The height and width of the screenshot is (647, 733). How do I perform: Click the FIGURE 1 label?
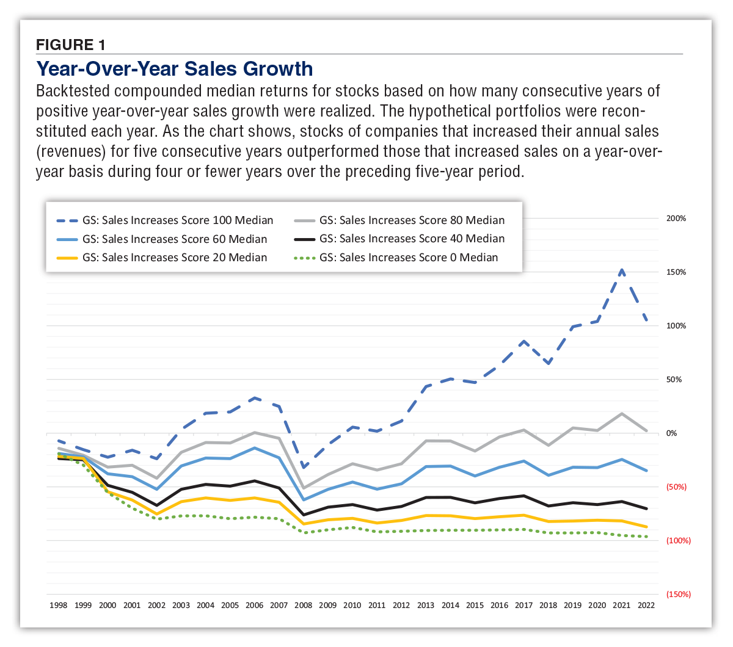coord(71,45)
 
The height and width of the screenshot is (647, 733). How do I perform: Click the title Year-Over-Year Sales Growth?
coord(175,68)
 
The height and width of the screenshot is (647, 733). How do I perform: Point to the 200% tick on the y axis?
coord(676,219)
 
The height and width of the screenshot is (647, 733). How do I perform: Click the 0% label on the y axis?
coord(671,433)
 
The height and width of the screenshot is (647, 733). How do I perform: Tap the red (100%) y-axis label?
coord(677,541)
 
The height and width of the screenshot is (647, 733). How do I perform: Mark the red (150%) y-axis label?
coord(677,595)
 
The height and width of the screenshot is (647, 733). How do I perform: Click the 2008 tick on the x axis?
coord(303,605)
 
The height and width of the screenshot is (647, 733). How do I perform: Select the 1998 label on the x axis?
coord(58,605)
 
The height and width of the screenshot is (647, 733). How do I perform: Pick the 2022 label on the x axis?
coord(646,605)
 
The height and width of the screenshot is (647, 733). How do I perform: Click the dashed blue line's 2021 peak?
coord(621,269)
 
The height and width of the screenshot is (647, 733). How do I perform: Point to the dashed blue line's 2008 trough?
coord(304,468)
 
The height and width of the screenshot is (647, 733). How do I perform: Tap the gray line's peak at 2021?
coord(621,414)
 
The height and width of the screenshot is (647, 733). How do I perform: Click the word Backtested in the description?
coord(73,91)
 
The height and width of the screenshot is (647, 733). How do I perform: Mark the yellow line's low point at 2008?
coord(304,524)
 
